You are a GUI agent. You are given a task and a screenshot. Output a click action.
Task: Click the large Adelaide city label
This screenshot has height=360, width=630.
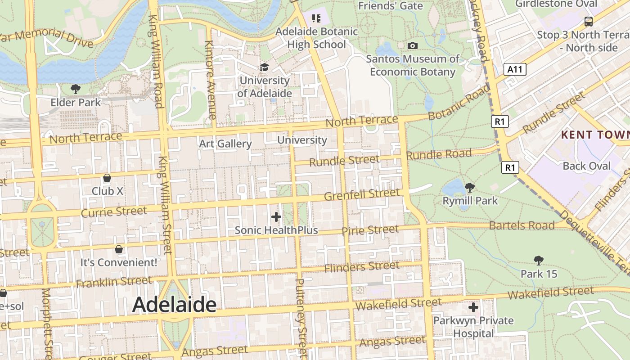coord(174,305)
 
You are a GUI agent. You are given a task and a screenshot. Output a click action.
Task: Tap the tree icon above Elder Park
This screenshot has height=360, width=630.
coord(76,89)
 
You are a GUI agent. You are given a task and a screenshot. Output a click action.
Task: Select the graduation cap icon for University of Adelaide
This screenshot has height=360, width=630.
coord(264,67)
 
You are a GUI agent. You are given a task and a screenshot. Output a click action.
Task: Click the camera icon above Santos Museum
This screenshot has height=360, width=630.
coord(412,45)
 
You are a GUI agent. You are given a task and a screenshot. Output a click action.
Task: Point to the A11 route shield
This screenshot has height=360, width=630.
coord(515,69)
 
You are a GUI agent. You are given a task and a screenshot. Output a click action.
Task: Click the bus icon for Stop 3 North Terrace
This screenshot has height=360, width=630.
coord(588,21)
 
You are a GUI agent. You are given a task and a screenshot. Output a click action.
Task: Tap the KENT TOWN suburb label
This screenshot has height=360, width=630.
coord(595,135)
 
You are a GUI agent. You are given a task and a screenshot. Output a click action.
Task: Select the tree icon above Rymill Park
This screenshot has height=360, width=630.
coord(470,187)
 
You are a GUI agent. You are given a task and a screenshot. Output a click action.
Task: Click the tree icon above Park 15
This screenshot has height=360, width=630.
coord(538,260)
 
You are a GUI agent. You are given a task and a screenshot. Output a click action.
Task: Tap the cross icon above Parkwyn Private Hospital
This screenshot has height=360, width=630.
coord(473,307)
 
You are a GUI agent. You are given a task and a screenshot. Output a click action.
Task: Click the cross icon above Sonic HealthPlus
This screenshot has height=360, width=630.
coord(276,217)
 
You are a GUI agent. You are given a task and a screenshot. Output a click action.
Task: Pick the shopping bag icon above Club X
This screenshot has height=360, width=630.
coord(107,178)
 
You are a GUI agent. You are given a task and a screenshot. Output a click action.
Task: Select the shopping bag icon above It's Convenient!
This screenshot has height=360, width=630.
coord(119,249)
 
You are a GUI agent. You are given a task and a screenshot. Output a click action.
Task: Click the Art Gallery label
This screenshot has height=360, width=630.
coord(225,144)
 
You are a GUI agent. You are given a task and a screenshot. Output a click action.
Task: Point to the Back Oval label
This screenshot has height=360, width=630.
coord(587,166)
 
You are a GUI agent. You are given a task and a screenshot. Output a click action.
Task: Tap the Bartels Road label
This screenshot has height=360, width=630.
coord(522,225)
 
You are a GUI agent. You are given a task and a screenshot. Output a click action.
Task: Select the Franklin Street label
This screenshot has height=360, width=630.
coord(114,282)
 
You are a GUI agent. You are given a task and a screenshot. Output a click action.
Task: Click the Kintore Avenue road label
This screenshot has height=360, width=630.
coord(210,79)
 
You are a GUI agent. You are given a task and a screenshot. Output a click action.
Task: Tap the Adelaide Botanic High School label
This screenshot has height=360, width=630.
coord(316,38)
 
